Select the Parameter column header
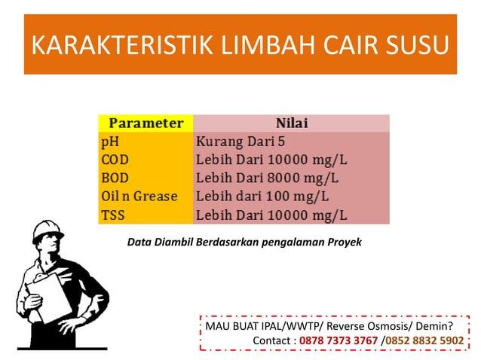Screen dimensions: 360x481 (146, 123)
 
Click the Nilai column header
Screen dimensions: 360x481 (291, 123)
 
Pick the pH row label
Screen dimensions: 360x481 (110, 141)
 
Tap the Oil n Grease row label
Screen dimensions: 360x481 (139, 197)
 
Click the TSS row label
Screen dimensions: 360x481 (112, 215)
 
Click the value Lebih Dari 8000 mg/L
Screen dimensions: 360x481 (267, 178)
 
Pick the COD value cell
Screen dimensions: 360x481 (271, 159)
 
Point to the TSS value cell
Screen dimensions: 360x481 (271, 215)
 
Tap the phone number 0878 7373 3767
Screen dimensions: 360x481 (339, 340)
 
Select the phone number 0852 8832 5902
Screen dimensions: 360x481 (425, 340)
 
